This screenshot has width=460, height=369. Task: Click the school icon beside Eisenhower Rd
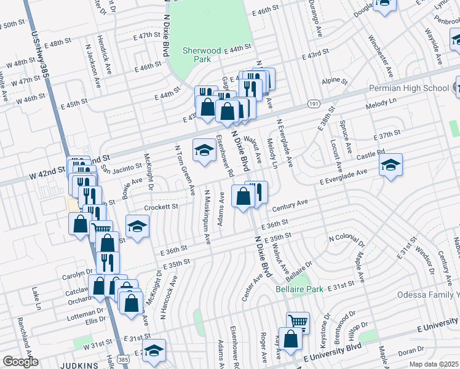click(x=204, y=151)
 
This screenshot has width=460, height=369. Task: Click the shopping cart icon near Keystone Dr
click(x=298, y=321)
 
